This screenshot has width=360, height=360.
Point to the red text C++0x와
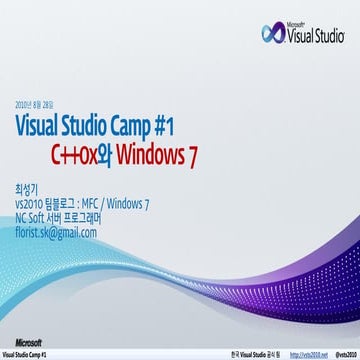(x=83, y=157)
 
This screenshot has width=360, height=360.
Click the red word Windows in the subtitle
(x=150, y=157)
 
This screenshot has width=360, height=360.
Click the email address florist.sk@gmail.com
(x=56, y=232)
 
